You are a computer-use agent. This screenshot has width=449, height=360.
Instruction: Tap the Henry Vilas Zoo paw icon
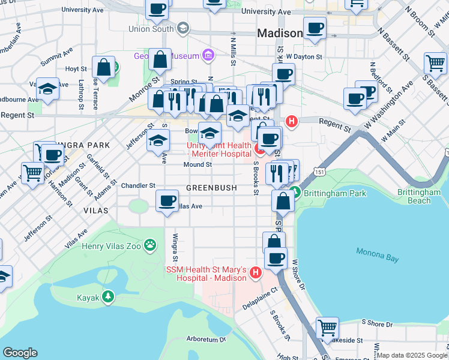[150, 245]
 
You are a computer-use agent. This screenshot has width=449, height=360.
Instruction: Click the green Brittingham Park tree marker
[295, 193]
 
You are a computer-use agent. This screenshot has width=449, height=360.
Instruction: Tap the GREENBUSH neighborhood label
[211, 188]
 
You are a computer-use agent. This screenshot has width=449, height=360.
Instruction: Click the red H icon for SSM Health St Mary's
[256, 274]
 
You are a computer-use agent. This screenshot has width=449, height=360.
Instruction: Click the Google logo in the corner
[20, 353]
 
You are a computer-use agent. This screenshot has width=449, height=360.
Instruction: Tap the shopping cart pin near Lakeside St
[327, 328]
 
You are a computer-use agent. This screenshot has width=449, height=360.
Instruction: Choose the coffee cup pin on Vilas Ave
[167, 200]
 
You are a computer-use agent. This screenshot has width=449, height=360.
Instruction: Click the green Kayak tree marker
[108, 296]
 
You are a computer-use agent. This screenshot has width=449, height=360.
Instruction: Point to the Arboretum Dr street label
[205, 339]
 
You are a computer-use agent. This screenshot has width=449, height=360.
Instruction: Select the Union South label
[151, 28]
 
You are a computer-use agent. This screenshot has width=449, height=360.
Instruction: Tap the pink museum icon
[208, 56]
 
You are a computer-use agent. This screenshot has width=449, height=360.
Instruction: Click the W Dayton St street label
[304, 56]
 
